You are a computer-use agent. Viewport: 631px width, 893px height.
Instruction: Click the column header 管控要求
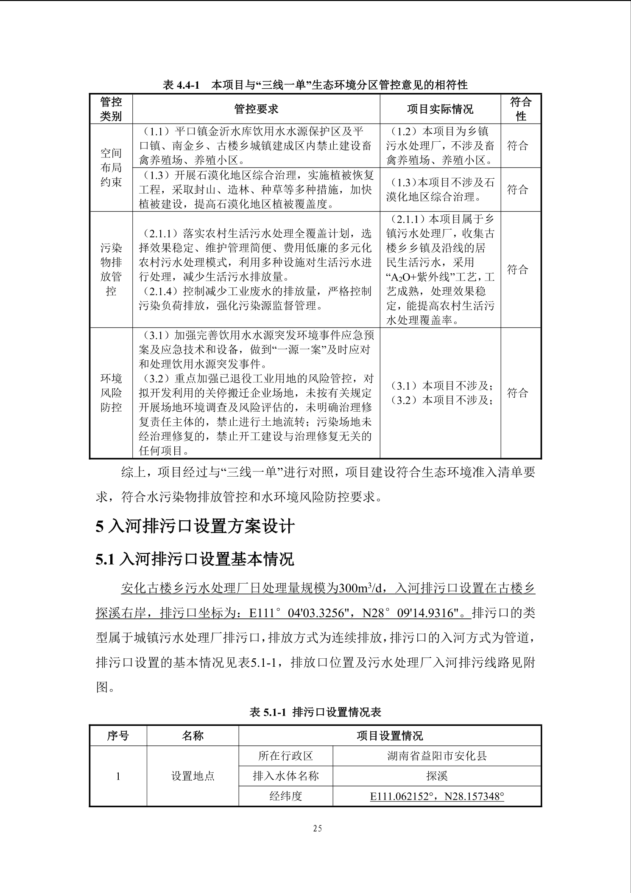coord(256,109)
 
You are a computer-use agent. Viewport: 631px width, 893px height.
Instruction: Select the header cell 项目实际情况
coord(440,109)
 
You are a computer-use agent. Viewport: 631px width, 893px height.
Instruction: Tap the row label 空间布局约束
coord(111,167)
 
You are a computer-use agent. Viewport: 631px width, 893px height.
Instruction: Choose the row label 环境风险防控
coord(111,393)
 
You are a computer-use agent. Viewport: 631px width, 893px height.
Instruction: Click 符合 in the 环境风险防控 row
coord(518,393)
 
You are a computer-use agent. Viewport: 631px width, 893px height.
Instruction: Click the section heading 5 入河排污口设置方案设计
coord(195,526)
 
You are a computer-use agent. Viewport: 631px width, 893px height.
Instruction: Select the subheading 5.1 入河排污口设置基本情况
coord(195,559)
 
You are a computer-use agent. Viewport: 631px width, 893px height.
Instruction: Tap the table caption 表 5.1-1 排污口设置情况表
coord(315,712)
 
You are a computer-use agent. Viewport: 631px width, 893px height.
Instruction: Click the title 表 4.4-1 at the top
coord(181,85)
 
